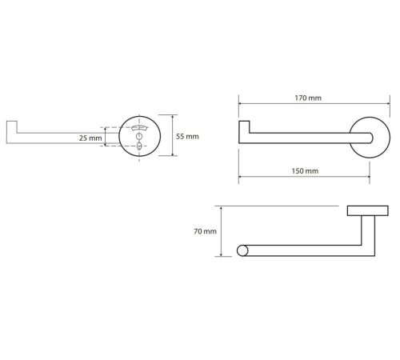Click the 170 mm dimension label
click(x=308, y=98)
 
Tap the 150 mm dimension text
click(x=305, y=170)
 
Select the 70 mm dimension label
click(x=205, y=231)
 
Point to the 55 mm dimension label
click(x=187, y=136)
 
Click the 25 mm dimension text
click(x=90, y=138)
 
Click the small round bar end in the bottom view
click(x=242, y=250)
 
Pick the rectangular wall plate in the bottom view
click(x=368, y=210)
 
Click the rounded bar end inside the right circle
click(x=370, y=138)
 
